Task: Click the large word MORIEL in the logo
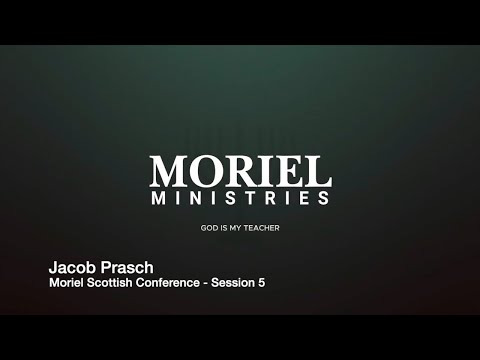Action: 240,171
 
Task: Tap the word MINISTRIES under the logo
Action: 240,198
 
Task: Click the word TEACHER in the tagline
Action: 260,229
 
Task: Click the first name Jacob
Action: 72,268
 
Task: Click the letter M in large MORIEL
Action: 168,171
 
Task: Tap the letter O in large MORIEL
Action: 205,171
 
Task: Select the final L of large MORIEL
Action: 319,171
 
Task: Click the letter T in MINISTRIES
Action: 258,198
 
